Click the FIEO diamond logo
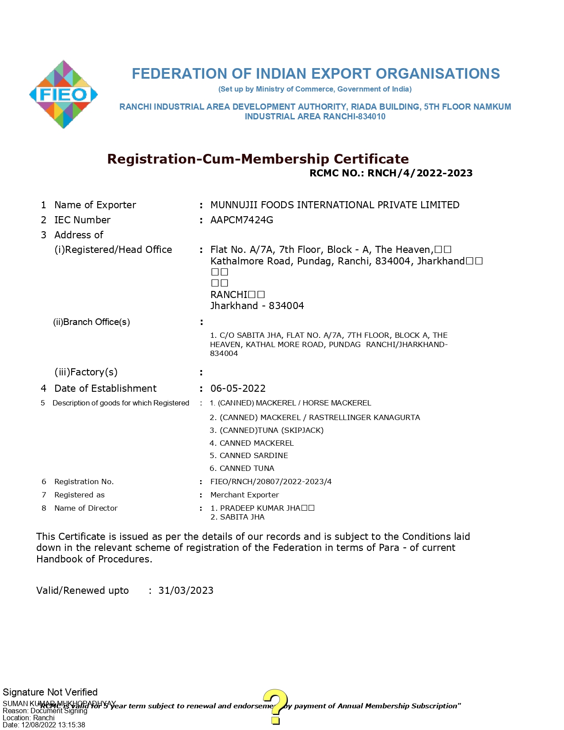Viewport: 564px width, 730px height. pos(64,95)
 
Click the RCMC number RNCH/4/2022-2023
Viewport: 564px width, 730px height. pos(420,173)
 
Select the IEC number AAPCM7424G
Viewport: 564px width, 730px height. pos(242,220)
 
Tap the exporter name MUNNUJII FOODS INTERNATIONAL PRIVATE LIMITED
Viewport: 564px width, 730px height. pos(335,205)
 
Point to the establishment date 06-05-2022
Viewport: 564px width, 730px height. pos(238,389)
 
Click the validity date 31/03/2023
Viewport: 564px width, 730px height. pos(186,591)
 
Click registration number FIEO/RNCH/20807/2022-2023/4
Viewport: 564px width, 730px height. pos(271,482)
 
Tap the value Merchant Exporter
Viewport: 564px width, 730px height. pos(244,495)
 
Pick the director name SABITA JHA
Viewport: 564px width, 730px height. pos(242,517)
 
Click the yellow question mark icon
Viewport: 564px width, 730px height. pos(275,706)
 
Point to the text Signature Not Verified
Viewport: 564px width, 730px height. pos(50,692)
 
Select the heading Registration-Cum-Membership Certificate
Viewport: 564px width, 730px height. pos(258,159)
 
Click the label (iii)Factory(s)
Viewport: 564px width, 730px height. pos(86,372)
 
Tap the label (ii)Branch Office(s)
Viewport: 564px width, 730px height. pos(91,322)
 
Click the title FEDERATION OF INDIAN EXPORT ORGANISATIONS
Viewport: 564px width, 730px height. pos(316,74)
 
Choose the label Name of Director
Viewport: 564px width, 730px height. pos(86,508)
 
